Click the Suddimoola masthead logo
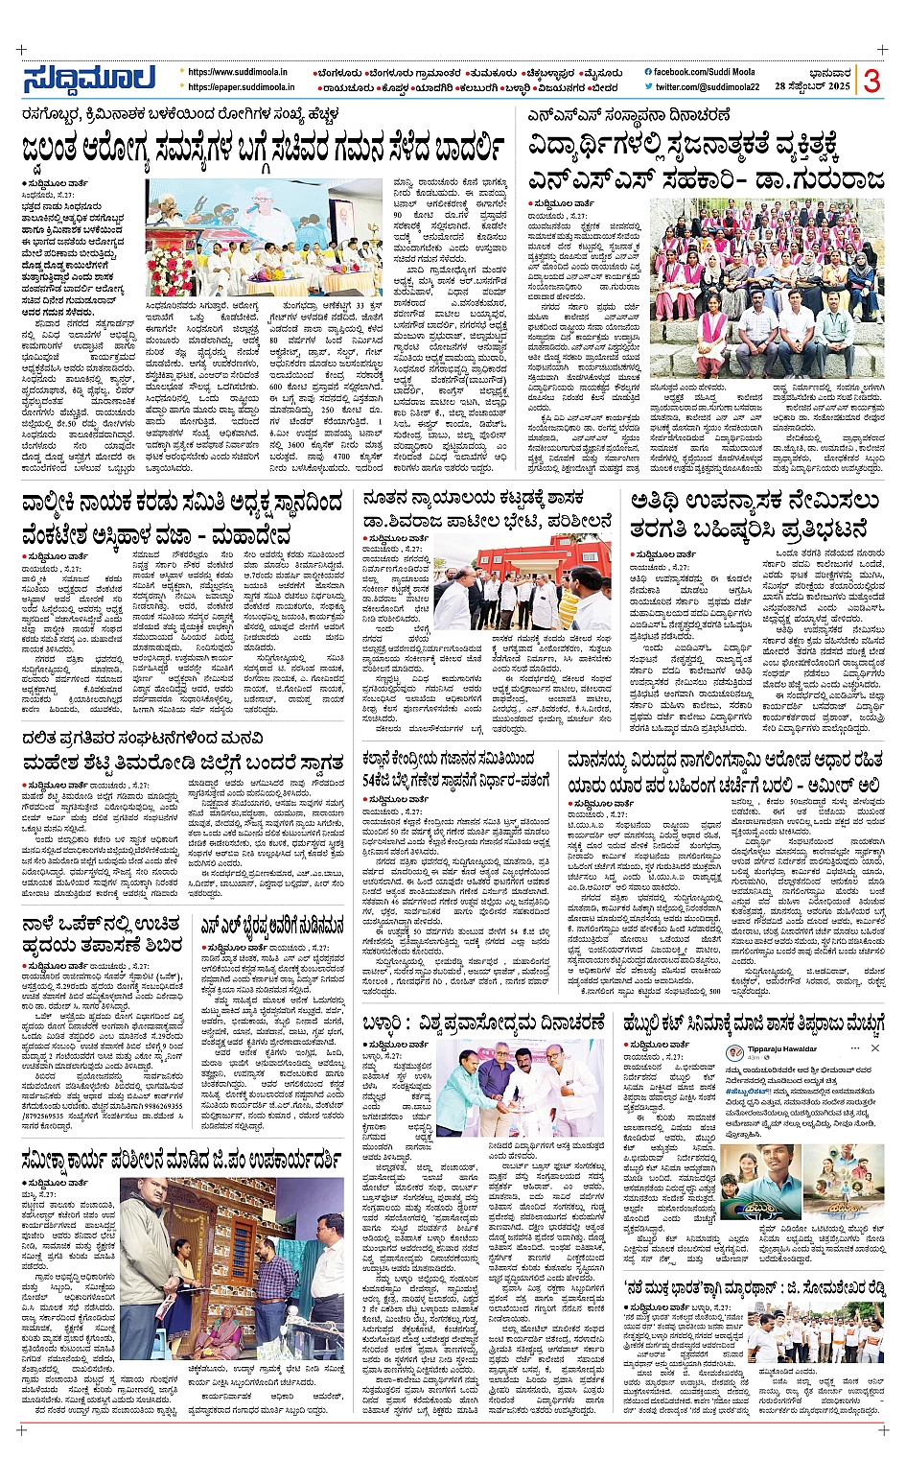coord(89,79)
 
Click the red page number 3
coord(871,81)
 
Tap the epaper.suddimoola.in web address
coord(241,87)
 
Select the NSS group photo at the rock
coord(767,288)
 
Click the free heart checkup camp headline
coord(103,934)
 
